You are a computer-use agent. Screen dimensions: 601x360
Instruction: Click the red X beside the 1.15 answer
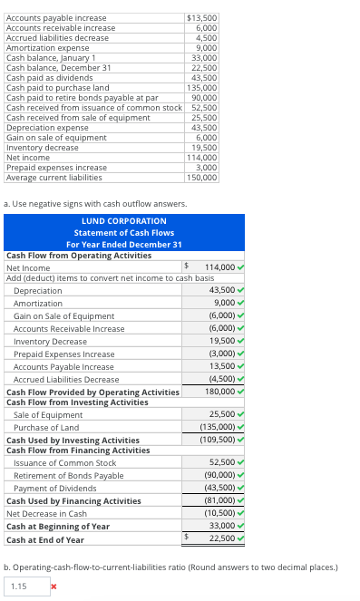click(54, 586)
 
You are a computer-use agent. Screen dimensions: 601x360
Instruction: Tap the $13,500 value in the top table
click(200, 17)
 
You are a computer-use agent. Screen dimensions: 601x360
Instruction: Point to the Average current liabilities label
click(53, 177)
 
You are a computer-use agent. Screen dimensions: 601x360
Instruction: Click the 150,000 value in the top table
click(201, 177)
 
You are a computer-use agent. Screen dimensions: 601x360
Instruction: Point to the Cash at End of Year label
click(45, 539)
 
